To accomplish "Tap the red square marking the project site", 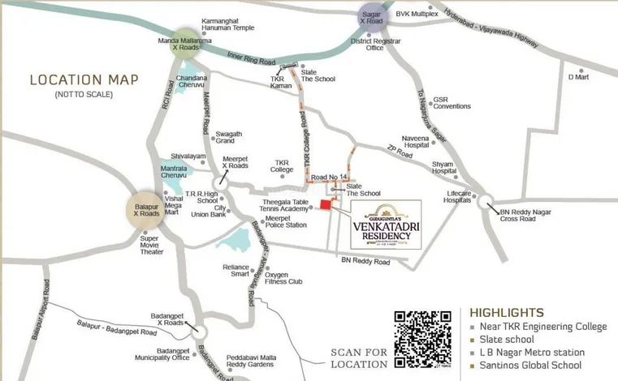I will pyautogui.click(x=326, y=205).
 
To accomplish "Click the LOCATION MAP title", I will pyautogui.click(x=84, y=80).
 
